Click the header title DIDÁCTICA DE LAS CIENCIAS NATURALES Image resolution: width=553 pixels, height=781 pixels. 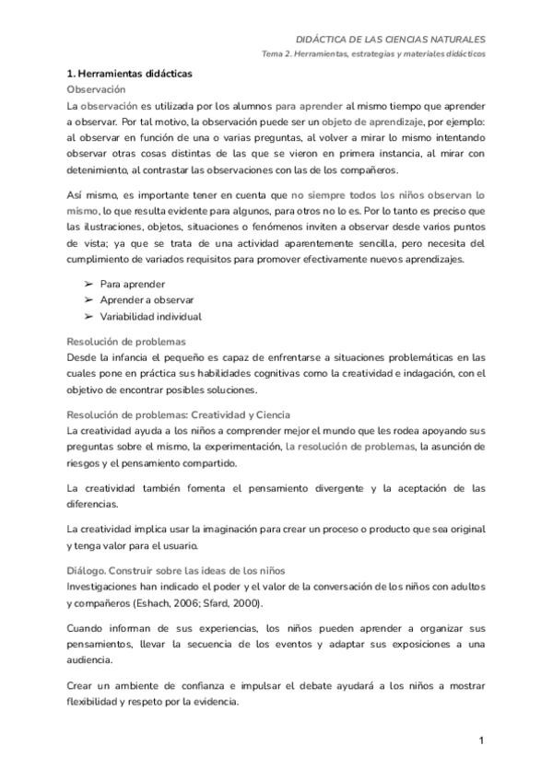coord(390,40)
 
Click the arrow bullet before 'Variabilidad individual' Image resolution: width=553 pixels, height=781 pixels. coord(88,317)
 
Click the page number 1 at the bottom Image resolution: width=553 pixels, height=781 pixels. coord(481,740)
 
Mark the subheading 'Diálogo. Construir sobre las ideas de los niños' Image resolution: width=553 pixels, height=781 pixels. coord(176,570)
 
